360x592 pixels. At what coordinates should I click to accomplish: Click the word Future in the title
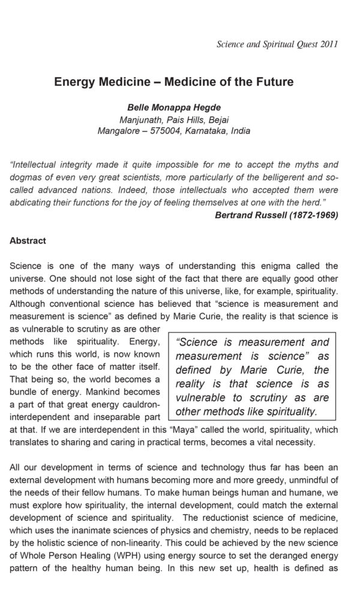(x=274, y=82)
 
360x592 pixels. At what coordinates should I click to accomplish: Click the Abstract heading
(x=28, y=241)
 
